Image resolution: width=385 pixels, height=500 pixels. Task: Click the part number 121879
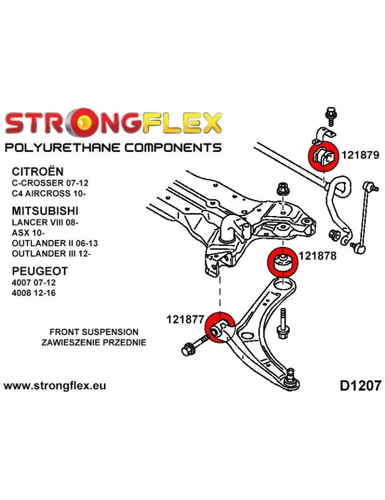click(360, 155)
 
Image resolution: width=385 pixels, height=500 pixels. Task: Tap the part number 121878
click(318, 255)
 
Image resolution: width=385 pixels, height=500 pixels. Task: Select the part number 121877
click(185, 318)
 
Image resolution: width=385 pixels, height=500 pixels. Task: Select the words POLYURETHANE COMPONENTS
click(113, 147)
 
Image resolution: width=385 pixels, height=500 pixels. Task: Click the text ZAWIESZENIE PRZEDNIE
click(94, 342)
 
